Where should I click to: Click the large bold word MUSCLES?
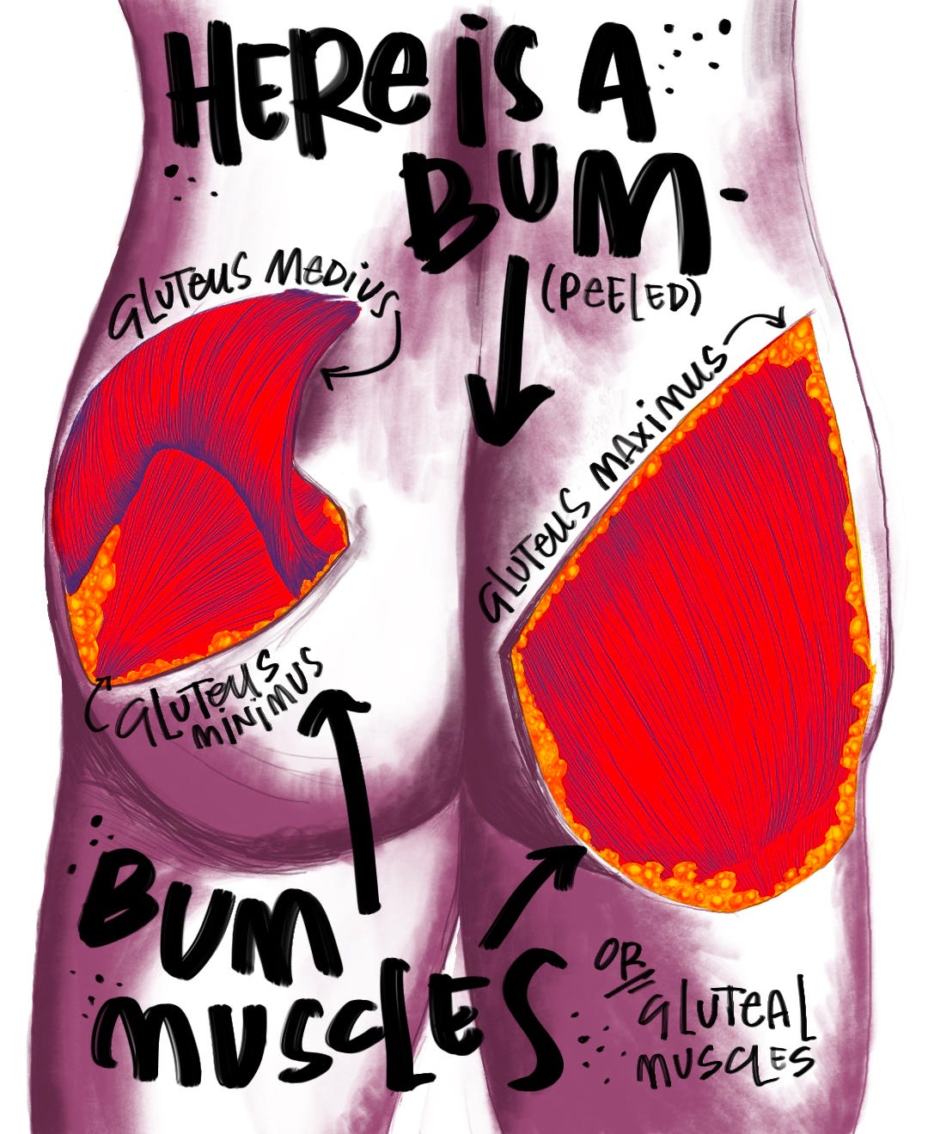[x=327, y=1031]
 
